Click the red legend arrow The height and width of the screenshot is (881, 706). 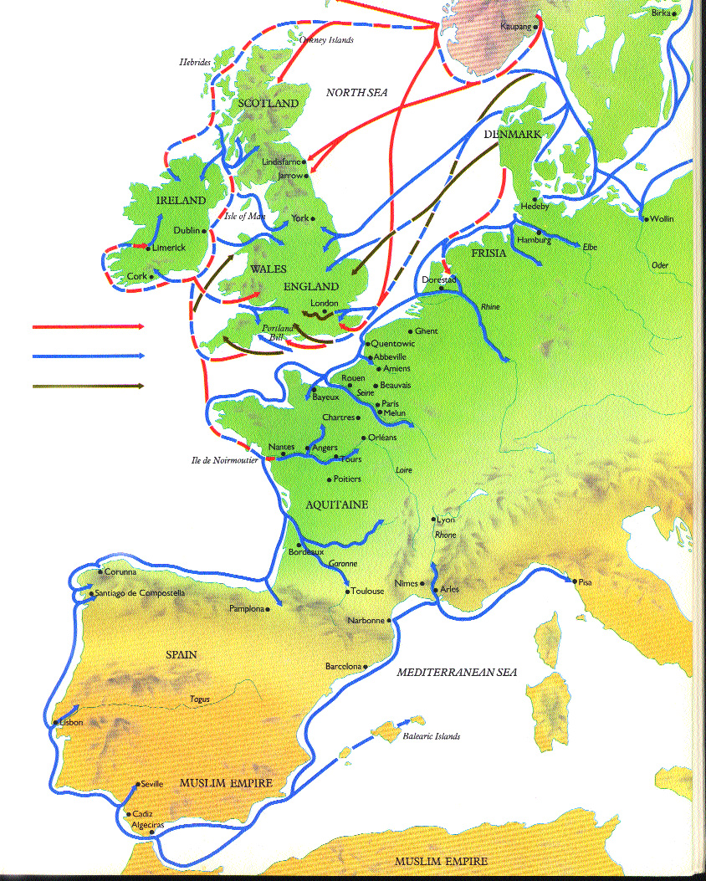point(88,326)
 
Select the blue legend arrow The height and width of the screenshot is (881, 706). point(88,356)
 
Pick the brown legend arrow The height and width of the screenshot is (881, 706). point(88,386)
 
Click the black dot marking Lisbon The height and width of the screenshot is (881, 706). point(56,722)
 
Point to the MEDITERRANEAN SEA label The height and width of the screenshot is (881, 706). point(457,672)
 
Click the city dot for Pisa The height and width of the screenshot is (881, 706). point(575,581)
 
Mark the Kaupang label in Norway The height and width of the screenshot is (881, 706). point(515,26)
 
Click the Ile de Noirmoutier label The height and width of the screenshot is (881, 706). point(223,460)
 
